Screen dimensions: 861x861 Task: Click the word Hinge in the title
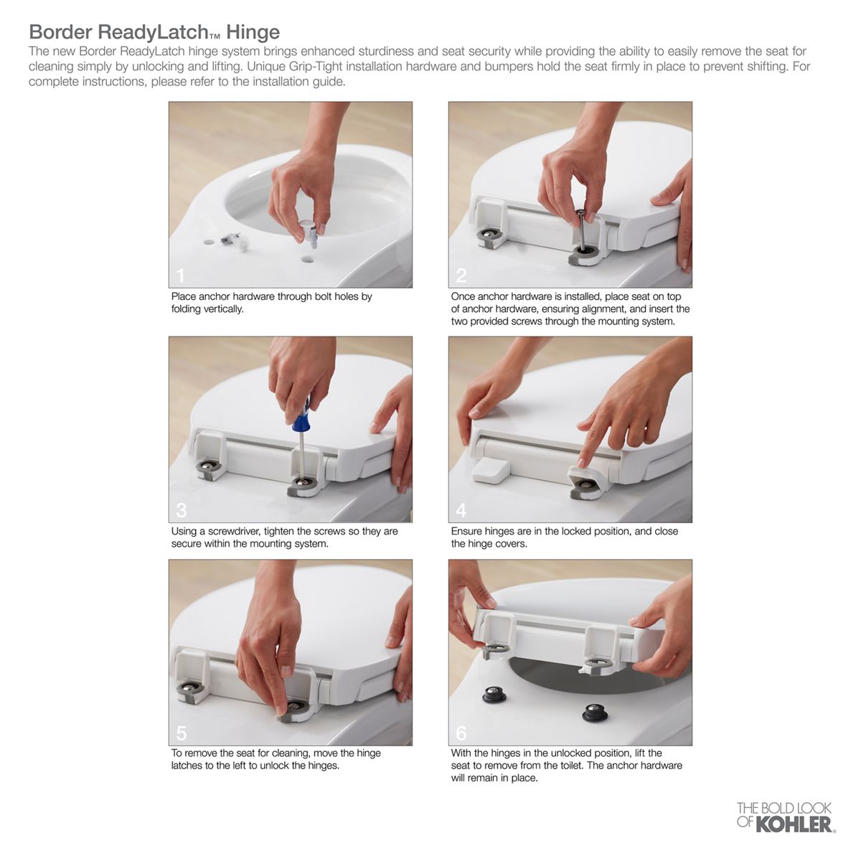[253, 32]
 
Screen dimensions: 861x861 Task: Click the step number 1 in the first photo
[181, 276]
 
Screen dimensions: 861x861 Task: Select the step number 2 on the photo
[461, 276]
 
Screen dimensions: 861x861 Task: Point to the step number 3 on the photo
[182, 510]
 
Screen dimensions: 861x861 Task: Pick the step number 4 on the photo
[461, 510]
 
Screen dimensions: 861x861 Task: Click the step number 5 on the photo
[182, 734]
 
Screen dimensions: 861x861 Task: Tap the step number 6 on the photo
[461, 734]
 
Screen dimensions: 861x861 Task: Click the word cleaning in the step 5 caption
[291, 753]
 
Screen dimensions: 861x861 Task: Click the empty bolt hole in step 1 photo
[306, 259]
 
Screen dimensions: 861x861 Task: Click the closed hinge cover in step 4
[491, 471]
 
